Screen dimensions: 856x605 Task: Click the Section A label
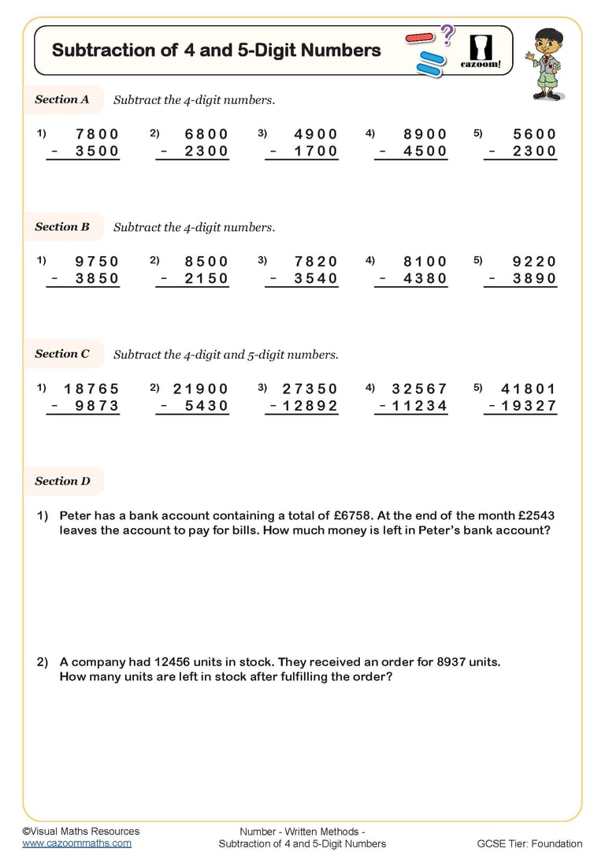62,100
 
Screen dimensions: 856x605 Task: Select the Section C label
62,354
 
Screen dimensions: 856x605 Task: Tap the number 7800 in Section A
97,134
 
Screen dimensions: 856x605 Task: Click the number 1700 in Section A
316,151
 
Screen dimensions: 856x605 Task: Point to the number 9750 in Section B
97,262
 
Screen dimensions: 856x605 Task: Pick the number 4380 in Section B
425,278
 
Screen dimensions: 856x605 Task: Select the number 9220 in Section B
534,262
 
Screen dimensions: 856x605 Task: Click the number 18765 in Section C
91,389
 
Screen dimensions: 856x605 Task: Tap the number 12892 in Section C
310,406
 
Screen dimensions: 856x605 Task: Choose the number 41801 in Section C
529,389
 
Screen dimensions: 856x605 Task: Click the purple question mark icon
447,33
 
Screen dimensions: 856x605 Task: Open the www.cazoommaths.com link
76,843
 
